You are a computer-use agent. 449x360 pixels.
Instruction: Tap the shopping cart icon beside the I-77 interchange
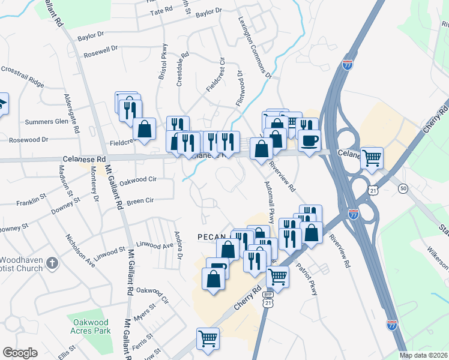[372, 158]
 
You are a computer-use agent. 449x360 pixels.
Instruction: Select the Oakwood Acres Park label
[89, 326]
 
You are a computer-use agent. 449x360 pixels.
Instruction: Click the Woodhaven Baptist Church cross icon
[53, 263]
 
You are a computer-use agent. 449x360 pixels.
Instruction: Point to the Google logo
[20, 353]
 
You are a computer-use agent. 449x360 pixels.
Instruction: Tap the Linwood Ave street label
[154, 245]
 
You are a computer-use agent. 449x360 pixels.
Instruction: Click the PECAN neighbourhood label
[211, 237]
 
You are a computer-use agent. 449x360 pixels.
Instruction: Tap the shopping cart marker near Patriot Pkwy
[277, 276]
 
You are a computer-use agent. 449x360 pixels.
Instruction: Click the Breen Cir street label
[140, 201]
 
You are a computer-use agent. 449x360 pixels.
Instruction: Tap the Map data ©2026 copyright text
[423, 355]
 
